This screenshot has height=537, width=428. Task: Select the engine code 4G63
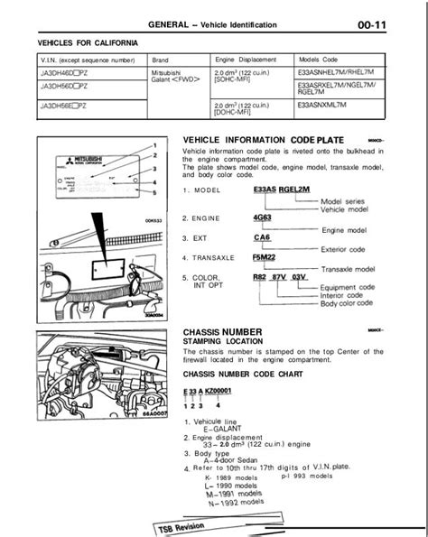[x=265, y=218]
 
